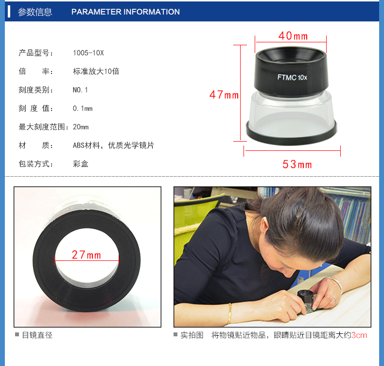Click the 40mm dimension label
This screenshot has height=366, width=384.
[293, 36]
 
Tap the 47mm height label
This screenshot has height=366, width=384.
[224, 94]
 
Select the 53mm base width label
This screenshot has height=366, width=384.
[297, 164]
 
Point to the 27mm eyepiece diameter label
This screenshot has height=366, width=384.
[86, 255]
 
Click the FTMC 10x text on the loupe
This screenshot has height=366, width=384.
[292, 77]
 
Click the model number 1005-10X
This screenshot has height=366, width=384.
[88, 53]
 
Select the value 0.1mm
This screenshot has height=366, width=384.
[83, 109]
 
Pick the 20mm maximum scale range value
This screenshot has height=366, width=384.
[81, 127]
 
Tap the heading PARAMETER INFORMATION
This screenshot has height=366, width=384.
[125, 12]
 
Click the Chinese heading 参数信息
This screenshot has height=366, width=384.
[35, 12]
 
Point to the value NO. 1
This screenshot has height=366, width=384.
[80, 90]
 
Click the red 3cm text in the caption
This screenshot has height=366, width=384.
[359, 335]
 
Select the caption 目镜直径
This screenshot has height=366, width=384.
[37, 335]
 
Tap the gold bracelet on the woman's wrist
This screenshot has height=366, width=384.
[229, 314]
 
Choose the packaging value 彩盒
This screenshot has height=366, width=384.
[81, 164]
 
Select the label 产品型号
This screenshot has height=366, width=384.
[34, 53]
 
